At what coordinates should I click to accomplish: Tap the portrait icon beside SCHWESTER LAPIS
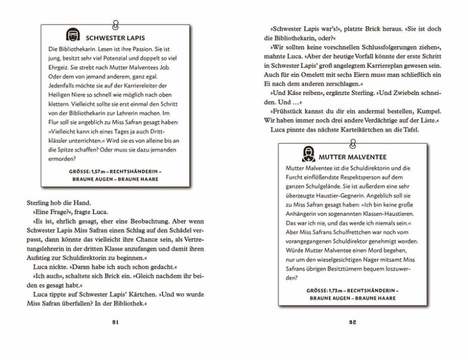pos(71,34)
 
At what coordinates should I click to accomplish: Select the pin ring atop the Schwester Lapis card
pos(116,24)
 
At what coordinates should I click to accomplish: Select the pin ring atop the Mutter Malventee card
pos(353,141)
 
